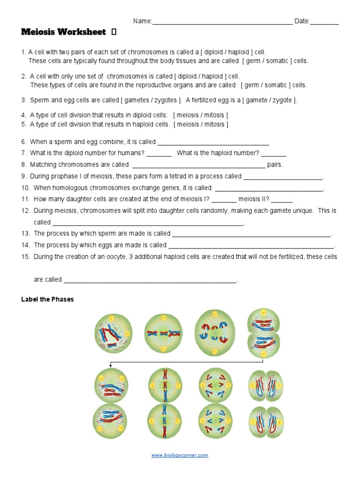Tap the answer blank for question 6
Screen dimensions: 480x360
(x=213, y=142)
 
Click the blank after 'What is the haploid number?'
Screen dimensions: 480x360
(x=274, y=154)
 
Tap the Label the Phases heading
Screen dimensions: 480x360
(x=47, y=300)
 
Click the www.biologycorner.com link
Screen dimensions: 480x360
(x=180, y=455)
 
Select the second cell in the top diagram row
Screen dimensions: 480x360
(x=163, y=333)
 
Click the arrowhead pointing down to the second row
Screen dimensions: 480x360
(x=110, y=366)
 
